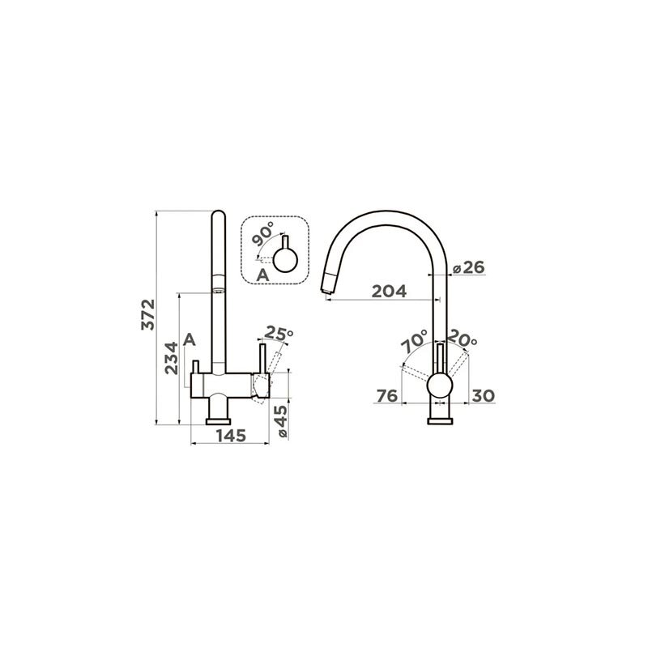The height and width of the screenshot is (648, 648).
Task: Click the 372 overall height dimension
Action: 148,314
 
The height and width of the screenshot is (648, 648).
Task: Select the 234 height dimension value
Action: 172,358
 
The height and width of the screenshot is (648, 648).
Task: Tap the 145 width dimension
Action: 231,436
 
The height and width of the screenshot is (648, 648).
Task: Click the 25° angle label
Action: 279,333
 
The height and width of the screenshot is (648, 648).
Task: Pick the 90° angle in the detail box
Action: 262,233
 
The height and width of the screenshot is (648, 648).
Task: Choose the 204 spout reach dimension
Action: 389,292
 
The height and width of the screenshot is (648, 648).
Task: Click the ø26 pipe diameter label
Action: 469,268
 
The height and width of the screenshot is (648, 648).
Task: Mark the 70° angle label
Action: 414,341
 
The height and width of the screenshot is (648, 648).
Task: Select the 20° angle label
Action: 463,339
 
